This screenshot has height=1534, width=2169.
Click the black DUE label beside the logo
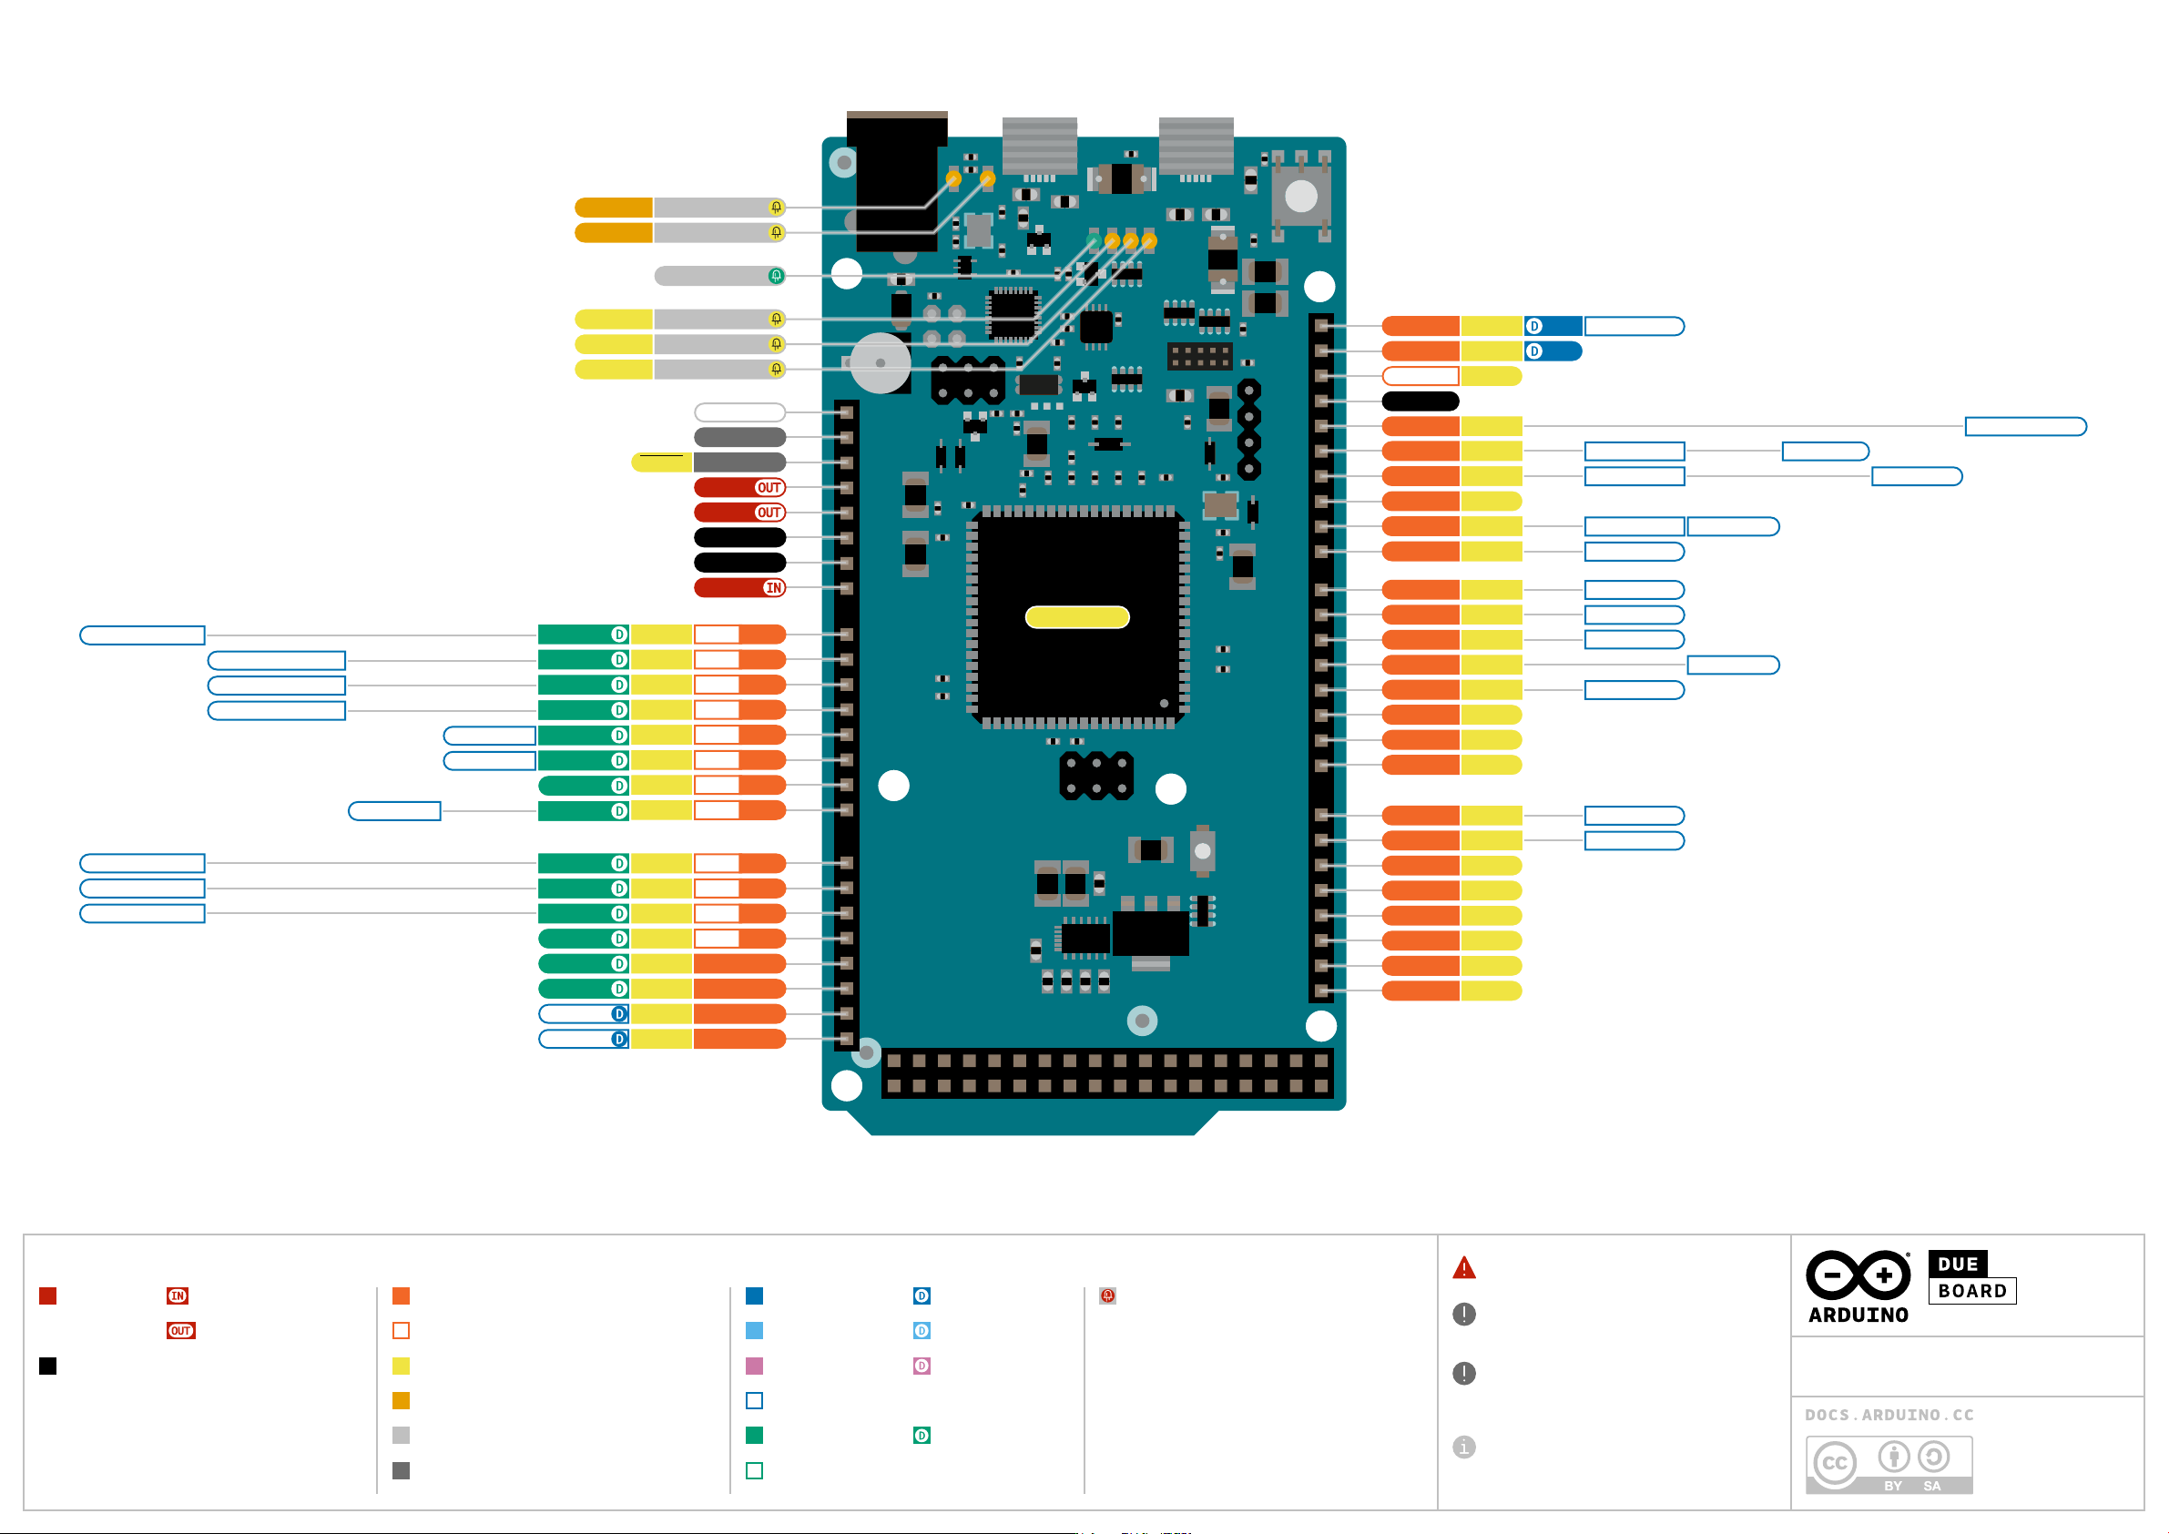tap(1958, 1263)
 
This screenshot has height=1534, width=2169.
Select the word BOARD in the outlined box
tap(1971, 1290)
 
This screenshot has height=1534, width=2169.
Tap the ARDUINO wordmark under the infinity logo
tap(1858, 1314)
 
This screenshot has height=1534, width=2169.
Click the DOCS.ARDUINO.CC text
tap(1889, 1414)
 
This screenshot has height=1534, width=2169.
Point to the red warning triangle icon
tap(1463, 1267)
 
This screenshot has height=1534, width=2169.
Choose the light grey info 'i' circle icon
tap(1463, 1447)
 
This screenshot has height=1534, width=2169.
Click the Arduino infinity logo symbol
tap(1858, 1275)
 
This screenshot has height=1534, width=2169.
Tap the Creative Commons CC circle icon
tap(1834, 1463)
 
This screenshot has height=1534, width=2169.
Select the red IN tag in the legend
tap(178, 1296)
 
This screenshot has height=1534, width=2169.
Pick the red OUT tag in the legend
tap(180, 1331)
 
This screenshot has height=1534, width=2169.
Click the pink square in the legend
tap(754, 1366)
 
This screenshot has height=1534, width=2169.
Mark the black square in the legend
tap(48, 1366)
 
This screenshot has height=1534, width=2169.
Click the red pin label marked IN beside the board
tap(739, 587)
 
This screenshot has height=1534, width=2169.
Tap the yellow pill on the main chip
tap(1077, 617)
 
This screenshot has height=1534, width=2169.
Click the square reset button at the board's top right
tap(1301, 196)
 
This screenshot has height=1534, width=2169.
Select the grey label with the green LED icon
tap(720, 276)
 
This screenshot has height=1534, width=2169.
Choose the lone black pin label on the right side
tap(1420, 401)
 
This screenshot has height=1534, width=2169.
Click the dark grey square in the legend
tap(401, 1470)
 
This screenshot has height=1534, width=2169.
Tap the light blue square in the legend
tap(754, 1331)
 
